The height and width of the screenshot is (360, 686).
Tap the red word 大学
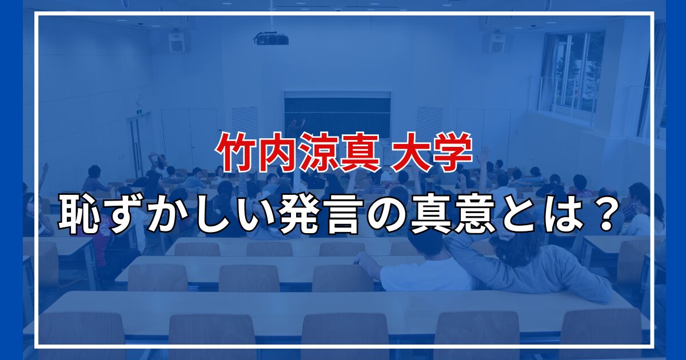pyautogui.click(x=432, y=153)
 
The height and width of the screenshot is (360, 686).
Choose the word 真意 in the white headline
pyautogui.click(x=452, y=214)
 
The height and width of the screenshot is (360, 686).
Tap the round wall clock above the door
pyautogui.click(x=139, y=98)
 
